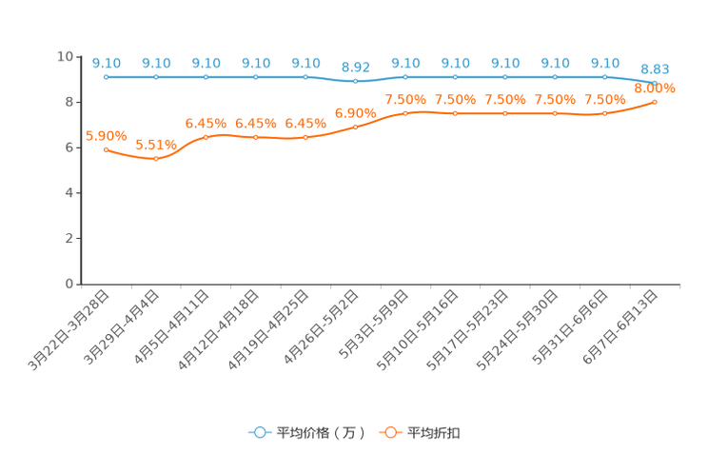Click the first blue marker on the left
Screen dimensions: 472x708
(x=106, y=76)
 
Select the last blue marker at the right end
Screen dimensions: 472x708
(x=655, y=83)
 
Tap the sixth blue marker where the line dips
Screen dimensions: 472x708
(x=355, y=82)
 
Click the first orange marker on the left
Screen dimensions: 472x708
(x=106, y=149)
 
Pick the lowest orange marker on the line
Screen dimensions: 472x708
(x=156, y=159)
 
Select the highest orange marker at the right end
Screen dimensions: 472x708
(x=655, y=101)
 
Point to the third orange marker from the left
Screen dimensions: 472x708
(x=206, y=137)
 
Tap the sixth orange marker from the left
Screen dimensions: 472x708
(x=355, y=127)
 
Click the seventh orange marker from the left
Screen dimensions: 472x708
(x=405, y=112)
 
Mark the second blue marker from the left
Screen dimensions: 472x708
(x=156, y=76)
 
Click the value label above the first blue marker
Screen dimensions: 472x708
(x=107, y=63)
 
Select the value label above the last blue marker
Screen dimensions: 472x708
(x=655, y=69)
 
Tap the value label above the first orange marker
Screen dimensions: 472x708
(x=101, y=135)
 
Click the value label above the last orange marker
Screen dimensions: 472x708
(x=655, y=88)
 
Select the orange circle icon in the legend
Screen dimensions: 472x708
(x=390, y=432)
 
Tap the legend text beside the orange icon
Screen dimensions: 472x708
(x=434, y=433)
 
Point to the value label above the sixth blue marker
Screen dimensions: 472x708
(x=355, y=67)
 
